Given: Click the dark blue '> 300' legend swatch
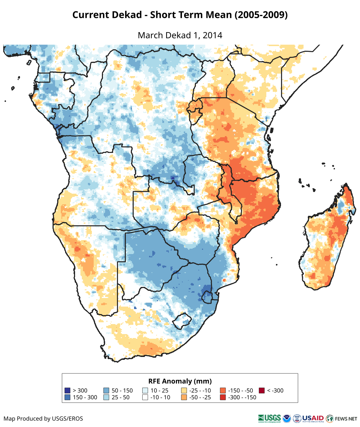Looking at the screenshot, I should (x=67, y=391).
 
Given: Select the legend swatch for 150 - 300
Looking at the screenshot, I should (x=67, y=397).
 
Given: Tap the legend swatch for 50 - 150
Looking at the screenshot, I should (x=106, y=391).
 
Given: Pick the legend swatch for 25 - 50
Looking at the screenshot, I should (x=106, y=397).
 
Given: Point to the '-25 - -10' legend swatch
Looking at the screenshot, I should (x=184, y=391).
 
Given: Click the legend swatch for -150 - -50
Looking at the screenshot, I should (x=223, y=391).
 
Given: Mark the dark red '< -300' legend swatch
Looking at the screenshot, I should (x=262, y=391).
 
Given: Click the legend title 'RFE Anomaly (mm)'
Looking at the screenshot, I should (x=180, y=381).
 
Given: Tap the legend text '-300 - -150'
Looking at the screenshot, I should (x=242, y=397).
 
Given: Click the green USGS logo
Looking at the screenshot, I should (x=270, y=418).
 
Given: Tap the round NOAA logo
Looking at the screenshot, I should (x=287, y=418).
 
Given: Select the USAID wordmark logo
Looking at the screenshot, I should (x=313, y=418).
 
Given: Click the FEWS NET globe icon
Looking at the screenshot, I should (x=330, y=418).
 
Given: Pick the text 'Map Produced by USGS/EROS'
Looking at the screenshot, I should (x=43, y=418).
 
